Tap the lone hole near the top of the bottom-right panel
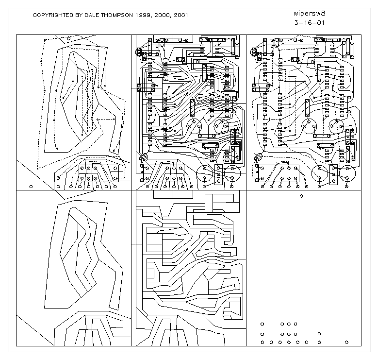[x=302, y=196]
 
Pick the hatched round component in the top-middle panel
[x=144, y=157]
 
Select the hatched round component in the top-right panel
[x=258, y=157]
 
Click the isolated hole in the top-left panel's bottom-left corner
[x=31, y=186]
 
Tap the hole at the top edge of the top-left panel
[x=68, y=38]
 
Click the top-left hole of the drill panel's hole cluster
[x=262, y=324]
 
